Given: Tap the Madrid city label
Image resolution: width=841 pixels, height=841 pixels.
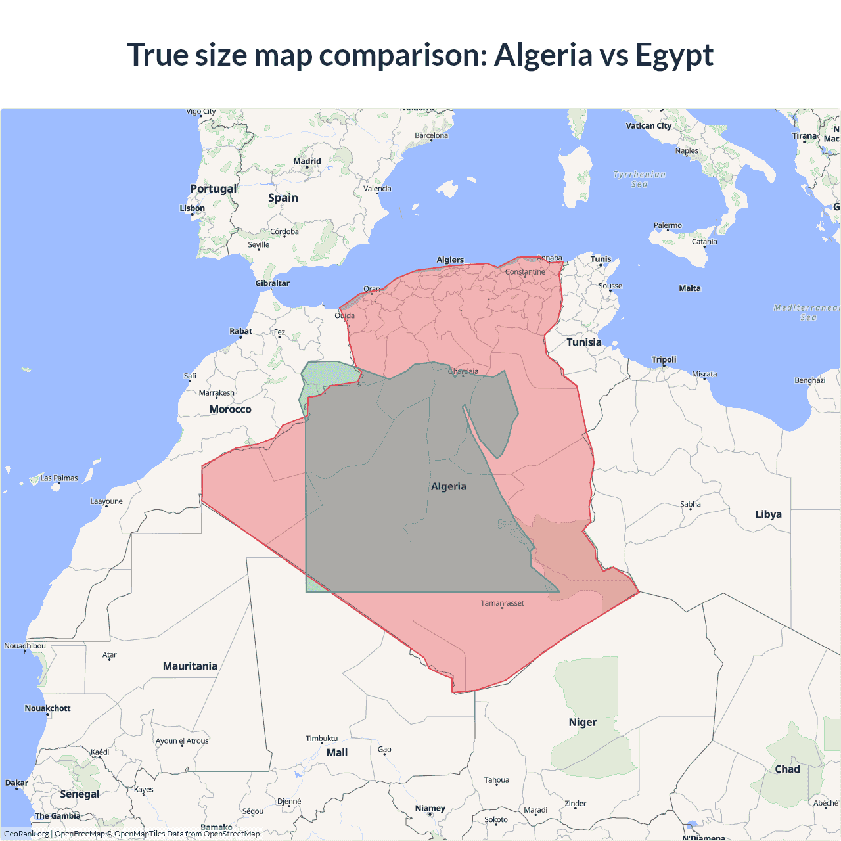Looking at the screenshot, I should (307, 161).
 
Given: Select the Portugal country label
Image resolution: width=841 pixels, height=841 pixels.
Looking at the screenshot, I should (213, 189).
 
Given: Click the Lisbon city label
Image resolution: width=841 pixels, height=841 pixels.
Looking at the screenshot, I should (193, 208).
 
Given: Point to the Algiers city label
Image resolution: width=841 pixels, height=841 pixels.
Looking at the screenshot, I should (450, 260).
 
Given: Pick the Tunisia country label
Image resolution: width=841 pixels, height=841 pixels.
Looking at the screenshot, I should (584, 342).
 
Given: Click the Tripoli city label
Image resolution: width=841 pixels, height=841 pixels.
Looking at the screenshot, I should (664, 359).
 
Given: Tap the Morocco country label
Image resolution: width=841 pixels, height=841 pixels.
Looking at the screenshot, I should (230, 409).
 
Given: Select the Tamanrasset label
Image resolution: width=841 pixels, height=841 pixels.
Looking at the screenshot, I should (502, 603).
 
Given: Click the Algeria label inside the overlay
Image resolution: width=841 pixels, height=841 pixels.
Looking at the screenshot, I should (449, 486).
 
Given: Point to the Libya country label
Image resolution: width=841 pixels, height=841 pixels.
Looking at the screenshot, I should (768, 514).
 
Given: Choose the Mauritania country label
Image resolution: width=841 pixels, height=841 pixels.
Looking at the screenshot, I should (190, 666).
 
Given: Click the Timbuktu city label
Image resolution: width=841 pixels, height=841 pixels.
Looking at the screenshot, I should (321, 739).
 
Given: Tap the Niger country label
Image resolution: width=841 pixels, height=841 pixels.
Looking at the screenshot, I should (583, 722).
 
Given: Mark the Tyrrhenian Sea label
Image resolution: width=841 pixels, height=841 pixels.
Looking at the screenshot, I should (639, 179).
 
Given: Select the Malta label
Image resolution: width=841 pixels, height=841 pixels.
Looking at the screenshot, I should (690, 288).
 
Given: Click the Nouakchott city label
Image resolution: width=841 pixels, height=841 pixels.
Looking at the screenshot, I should (47, 708).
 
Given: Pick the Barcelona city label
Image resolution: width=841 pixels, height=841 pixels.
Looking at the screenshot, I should (431, 135).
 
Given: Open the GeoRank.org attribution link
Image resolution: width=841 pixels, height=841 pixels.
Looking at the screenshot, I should (26, 834).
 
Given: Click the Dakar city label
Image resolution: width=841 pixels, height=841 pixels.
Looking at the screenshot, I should (16, 783).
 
